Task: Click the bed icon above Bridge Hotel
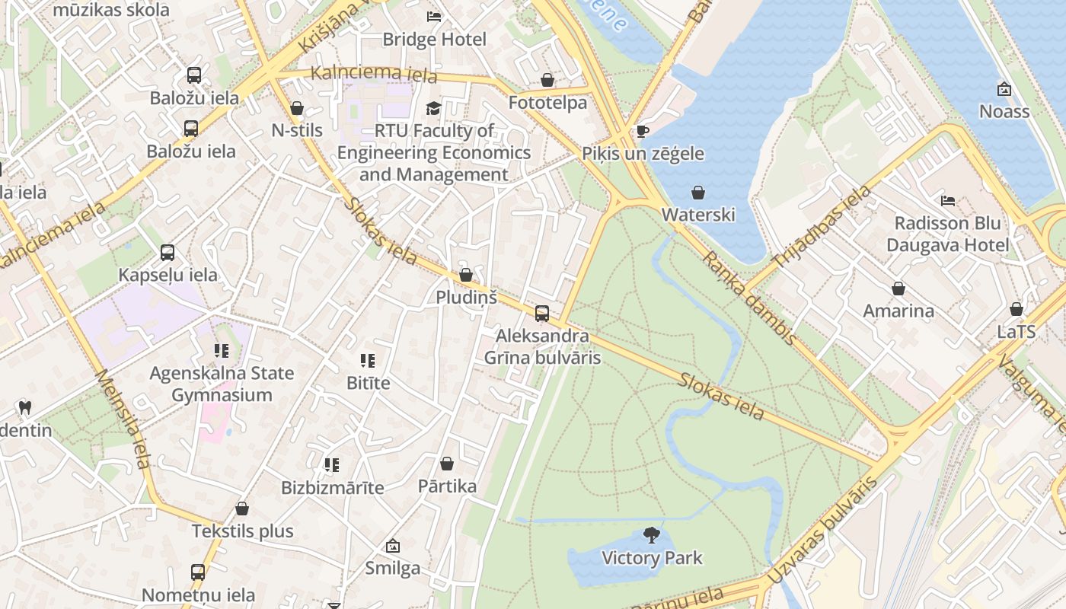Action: tap(434, 16)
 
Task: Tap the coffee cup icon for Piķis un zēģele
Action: tap(643, 131)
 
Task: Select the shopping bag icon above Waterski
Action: tap(698, 193)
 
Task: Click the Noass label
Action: tap(1004, 111)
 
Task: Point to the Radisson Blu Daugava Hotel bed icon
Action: tap(948, 201)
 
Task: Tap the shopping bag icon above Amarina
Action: tap(898, 289)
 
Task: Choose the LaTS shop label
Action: tap(1017, 332)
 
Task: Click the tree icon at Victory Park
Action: tap(652, 535)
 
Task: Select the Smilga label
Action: tap(392, 568)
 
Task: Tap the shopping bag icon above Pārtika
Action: tap(447, 464)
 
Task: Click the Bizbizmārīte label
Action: tap(333, 487)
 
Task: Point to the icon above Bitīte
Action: tap(368, 361)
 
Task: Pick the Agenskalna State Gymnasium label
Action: tap(222, 384)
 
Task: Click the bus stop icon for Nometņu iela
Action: tap(198, 572)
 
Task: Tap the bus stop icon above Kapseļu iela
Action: tap(168, 253)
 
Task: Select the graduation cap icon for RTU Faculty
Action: tap(433, 108)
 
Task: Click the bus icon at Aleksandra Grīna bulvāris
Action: tap(542, 313)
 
